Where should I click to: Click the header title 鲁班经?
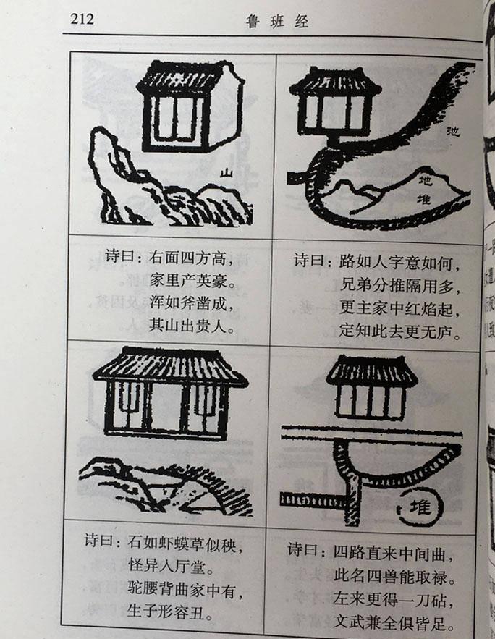(277, 21)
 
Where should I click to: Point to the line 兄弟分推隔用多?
(399, 284)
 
